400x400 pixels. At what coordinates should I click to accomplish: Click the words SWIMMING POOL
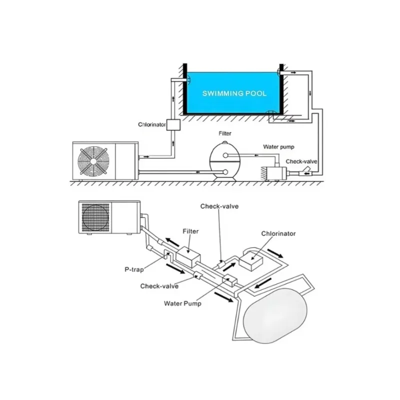[234, 93]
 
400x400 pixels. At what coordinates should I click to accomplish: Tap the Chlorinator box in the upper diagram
[173, 125]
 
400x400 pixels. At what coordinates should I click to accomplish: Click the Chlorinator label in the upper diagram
[152, 124]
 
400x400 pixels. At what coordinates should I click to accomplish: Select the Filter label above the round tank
[225, 133]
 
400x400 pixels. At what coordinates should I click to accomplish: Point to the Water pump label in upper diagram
[278, 147]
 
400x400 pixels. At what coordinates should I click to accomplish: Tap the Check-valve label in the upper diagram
[301, 161]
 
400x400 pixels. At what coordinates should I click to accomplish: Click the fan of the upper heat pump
[93, 161]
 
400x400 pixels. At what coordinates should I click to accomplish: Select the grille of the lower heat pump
[95, 217]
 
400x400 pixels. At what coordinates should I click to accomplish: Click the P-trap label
[134, 269]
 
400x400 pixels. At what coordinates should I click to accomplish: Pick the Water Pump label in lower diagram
[182, 303]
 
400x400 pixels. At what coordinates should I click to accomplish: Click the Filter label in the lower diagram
[190, 231]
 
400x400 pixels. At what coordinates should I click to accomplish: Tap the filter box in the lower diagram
[188, 256]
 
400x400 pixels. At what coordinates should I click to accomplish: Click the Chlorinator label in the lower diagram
[278, 233]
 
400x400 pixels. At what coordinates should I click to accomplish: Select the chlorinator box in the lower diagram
[251, 260]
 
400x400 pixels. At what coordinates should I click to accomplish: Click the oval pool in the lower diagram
[275, 315]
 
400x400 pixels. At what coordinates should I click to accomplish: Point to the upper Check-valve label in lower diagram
[219, 206]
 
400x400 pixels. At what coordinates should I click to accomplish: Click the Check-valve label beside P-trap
[159, 286]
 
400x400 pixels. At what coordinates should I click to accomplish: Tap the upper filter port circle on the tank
[225, 155]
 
